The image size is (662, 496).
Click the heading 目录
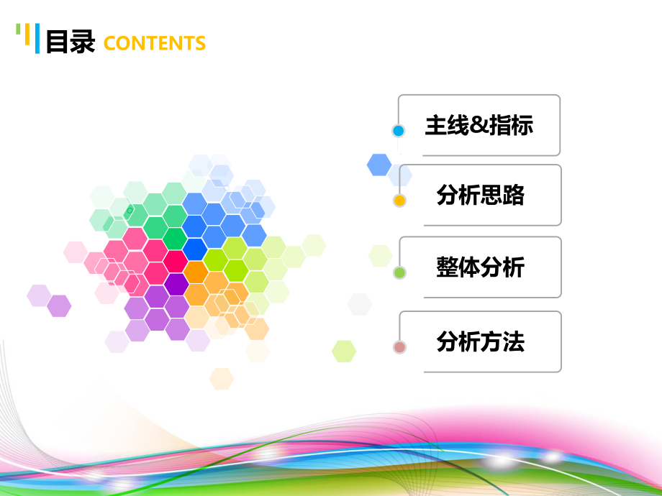[71, 42]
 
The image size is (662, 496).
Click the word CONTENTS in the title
[155, 43]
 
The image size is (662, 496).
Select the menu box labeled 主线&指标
[479, 126]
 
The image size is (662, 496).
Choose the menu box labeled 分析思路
[480, 195]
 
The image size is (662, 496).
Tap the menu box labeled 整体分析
[480, 267]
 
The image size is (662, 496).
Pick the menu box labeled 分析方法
[480, 341]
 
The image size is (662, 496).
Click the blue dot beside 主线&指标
[399, 131]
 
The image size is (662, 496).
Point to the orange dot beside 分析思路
[400, 201]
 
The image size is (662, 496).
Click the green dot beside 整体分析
[400, 273]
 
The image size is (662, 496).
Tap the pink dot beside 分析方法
[400, 347]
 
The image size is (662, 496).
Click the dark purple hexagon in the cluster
[176, 284]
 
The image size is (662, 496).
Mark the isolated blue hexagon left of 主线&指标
[379, 165]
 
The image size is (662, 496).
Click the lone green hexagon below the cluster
[344, 351]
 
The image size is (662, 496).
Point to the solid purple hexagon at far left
[59, 306]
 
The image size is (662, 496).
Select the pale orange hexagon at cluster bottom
[222, 378]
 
